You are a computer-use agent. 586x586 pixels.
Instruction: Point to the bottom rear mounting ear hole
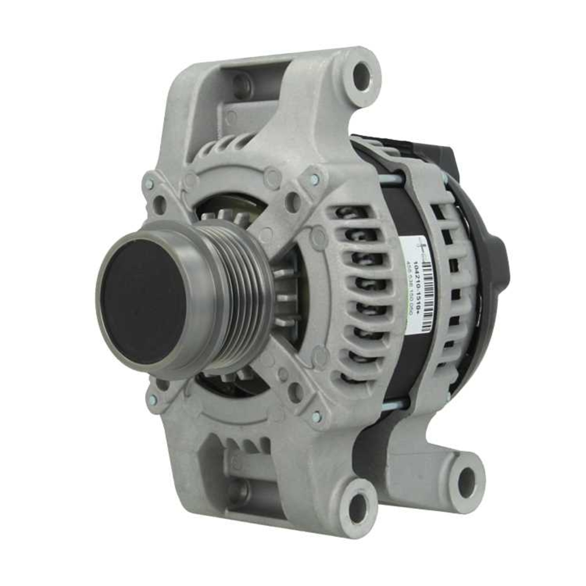click(x=466, y=482)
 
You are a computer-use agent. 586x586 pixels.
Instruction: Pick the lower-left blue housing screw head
click(x=152, y=400)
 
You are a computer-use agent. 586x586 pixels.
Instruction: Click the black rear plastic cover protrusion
click(x=498, y=258)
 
